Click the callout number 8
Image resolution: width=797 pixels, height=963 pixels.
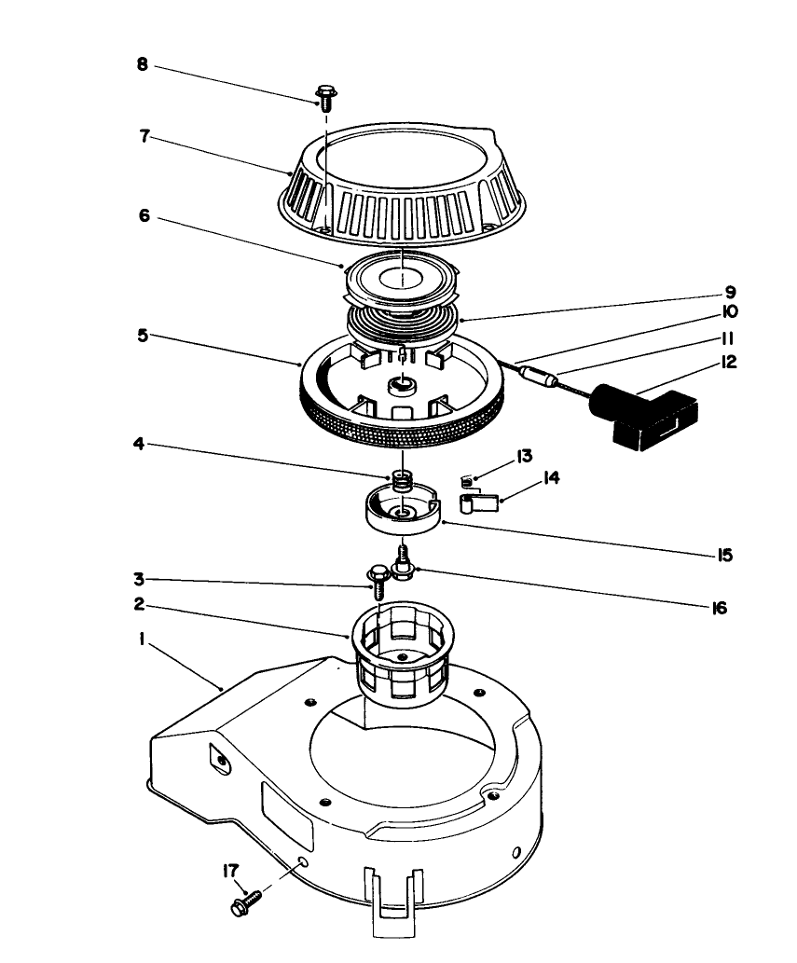142,66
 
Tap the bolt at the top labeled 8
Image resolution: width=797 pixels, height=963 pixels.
325,94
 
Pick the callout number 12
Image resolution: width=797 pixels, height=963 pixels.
729,361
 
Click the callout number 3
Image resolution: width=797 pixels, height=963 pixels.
138,579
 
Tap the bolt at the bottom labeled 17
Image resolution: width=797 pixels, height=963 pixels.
245,902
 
